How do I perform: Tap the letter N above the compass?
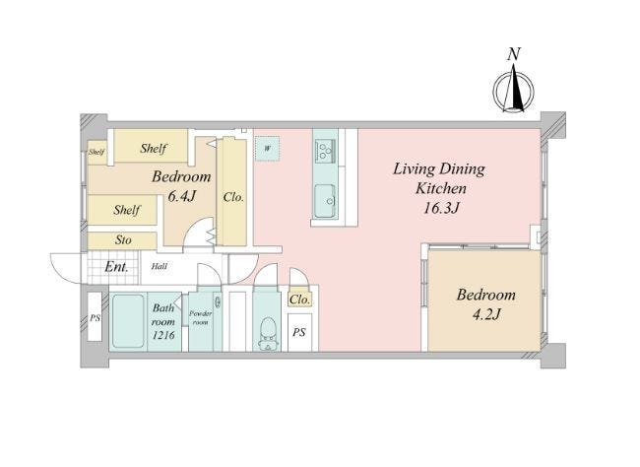pyautogui.click(x=514, y=54)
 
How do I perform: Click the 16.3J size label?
pyautogui.click(x=442, y=208)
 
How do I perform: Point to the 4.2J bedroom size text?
pyautogui.click(x=486, y=314)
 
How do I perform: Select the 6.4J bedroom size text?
pyautogui.click(x=182, y=196)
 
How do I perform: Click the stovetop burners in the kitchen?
pyautogui.click(x=325, y=150)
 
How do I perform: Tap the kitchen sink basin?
pyautogui.click(x=325, y=201)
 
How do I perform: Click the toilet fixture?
pyautogui.click(x=268, y=333)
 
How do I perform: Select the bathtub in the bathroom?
pyautogui.click(x=128, y=321)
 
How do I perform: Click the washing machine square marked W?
pyautogui.click(x=268, y=149)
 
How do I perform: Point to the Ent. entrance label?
pyautogui.click(x=116, y=267)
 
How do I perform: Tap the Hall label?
pyautogui.click(x=160, y=266)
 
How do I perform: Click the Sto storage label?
pyautogui.click(x=123, y=239)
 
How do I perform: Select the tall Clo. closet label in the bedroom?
pyautogui.click(x=233, y=198)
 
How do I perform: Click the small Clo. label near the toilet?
pyautogui.click(x=300, y=300)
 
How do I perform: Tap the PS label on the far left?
pyautogui.click(x=96, y=317)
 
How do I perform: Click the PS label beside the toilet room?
pyautogui.click(x=299, y=333)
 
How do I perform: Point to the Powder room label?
pyautogui.click(x=201, y=318)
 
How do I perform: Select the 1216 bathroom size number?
pyautogui.click(x=163, y=335)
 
